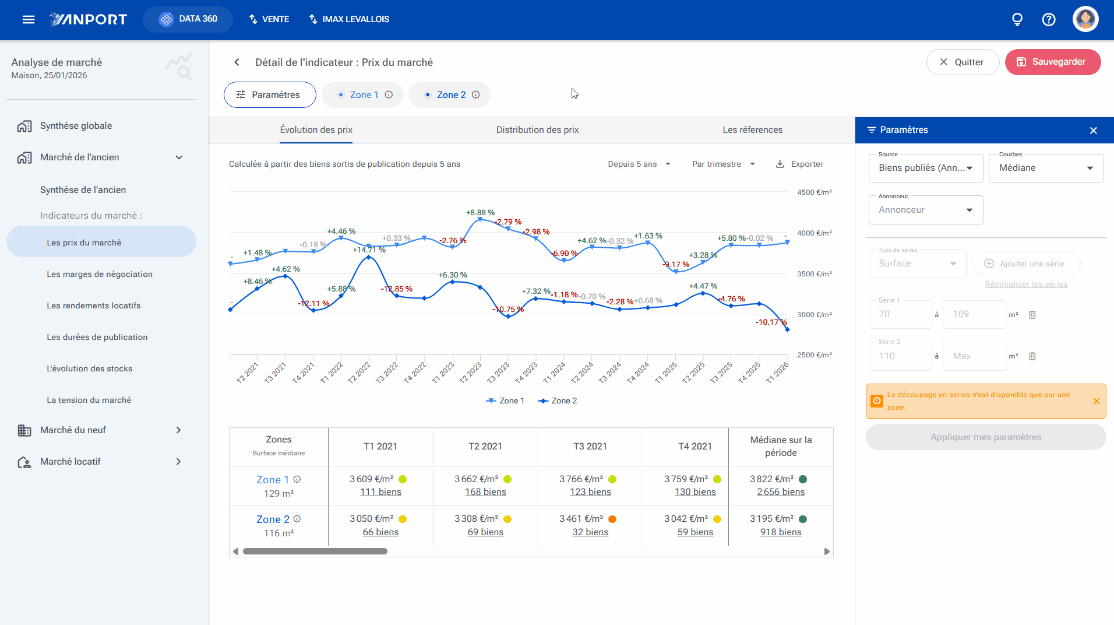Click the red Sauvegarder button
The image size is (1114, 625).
[1052, 62]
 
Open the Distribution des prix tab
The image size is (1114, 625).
[537, 130]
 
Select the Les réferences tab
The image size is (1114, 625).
[752, 130]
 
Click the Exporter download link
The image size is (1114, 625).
[799, 164]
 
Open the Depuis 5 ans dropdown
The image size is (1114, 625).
[639, 164]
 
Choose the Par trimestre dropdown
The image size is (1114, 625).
[724, 164]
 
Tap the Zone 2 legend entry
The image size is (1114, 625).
[558, 401]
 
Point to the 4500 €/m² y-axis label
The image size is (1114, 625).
[815, 192]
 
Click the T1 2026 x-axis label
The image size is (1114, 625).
[777, 373]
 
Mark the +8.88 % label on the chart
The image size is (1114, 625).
[480, 213]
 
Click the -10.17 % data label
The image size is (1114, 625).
[771, 322]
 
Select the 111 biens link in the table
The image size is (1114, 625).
[380, 492]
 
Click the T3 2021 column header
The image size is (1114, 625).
[590, 447]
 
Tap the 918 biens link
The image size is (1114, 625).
[781, 532]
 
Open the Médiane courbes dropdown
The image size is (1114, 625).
[1046, 168]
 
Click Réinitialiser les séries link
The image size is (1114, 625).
[1026, 285]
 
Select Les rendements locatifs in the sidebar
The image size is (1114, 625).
[94, 306]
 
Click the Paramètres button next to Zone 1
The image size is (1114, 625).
[270, 95]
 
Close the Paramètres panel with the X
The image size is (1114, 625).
[1094, 131]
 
